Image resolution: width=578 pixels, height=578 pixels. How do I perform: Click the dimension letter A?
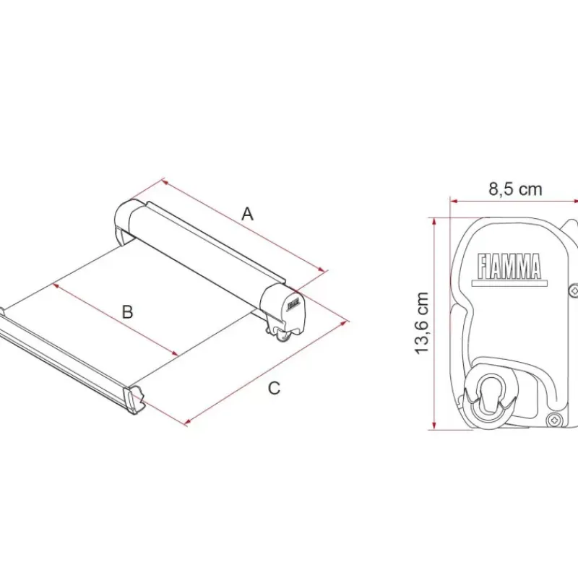point(248,214)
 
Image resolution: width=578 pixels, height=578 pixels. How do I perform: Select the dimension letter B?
point(127,312)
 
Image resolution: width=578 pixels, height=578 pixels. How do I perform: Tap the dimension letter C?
point(274,388)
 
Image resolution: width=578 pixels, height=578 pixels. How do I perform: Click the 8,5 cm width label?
point(515,189)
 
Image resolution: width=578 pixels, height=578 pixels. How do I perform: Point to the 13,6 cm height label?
point(422,323)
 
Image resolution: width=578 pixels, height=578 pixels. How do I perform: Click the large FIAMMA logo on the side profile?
point(509,266)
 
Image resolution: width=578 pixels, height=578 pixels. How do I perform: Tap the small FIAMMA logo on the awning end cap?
point(293,303)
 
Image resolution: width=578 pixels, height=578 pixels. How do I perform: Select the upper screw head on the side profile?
point(574,291)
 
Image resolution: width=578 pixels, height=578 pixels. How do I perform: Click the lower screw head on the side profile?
point(555,419)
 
